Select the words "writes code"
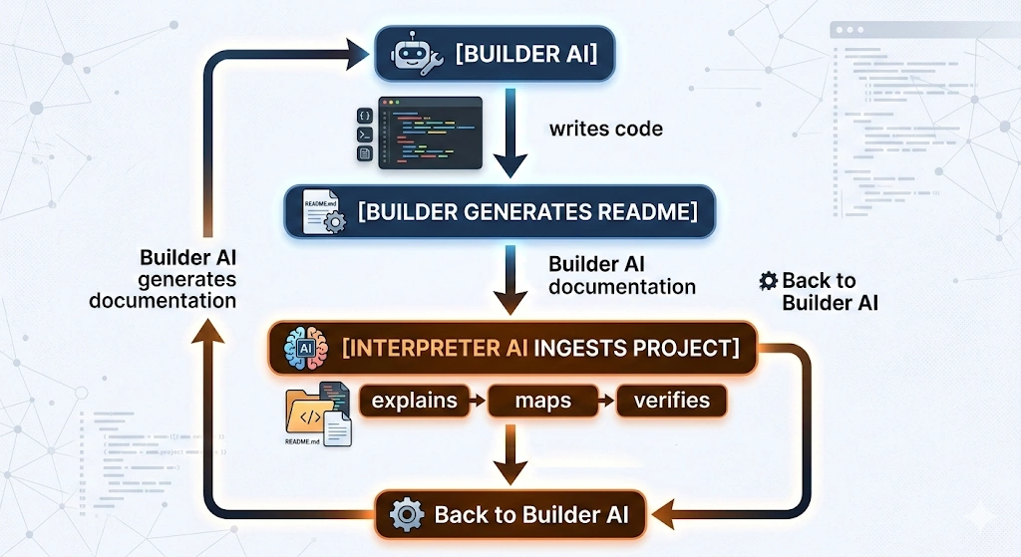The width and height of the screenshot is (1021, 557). [605, 129]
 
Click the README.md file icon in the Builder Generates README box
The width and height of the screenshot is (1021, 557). [322, 211]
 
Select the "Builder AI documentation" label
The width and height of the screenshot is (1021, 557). [621, 275]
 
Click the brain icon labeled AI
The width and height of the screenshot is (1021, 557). [305, 348]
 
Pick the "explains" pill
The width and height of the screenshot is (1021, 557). [414, 401]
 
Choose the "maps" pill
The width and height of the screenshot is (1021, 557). [543, 401]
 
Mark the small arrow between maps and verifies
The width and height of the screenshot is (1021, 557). [605, 401]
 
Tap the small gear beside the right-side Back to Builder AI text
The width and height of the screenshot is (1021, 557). [768, 281]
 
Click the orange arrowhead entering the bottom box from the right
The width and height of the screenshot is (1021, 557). [666, 515]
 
